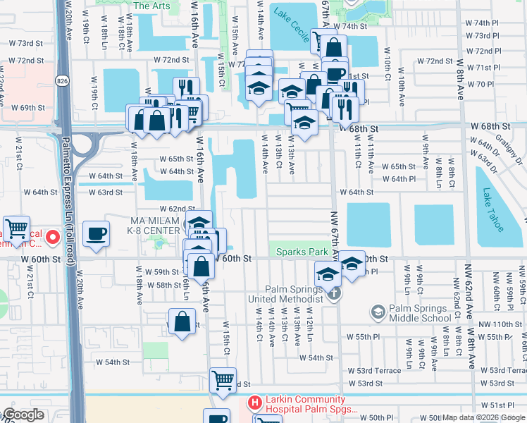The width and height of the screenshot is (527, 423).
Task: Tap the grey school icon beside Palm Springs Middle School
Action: point(378,311)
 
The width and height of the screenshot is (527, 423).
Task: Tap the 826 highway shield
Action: point(63,70)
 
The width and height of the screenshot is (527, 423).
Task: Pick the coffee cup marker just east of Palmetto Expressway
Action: point(96,233)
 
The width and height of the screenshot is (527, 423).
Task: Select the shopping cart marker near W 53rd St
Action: point(223,379)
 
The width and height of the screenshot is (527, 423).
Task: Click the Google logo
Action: point(23,415)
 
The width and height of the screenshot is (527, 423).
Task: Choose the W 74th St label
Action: point(353,26)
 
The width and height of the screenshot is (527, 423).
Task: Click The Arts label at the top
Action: point(151,6)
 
